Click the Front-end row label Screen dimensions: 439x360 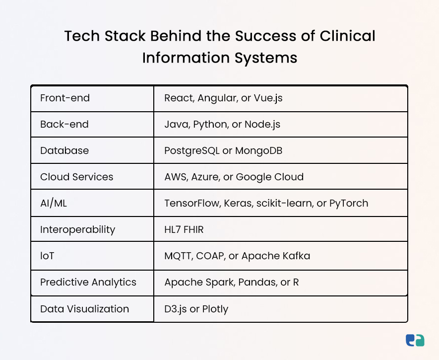[x=65, y=98]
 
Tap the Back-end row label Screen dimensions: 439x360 [x=64, y=125]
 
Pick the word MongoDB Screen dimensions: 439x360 [x=259, y=151]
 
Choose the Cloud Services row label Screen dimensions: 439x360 [x=77, y=177]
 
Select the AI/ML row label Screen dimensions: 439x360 [x=54, y=204]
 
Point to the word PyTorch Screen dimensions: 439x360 [x=349, y=204]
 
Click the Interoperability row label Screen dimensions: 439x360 [x=77, y=230]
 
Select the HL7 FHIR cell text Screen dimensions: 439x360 [x=184, y=230]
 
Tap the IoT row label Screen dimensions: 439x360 [x=47, y=256]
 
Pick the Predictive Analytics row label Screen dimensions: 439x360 [x=88, y=283]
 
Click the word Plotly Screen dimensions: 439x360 [x=215, y=309]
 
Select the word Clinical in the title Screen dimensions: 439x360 [x=347, y=36]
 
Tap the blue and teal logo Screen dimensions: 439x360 [x=415, y=341]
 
